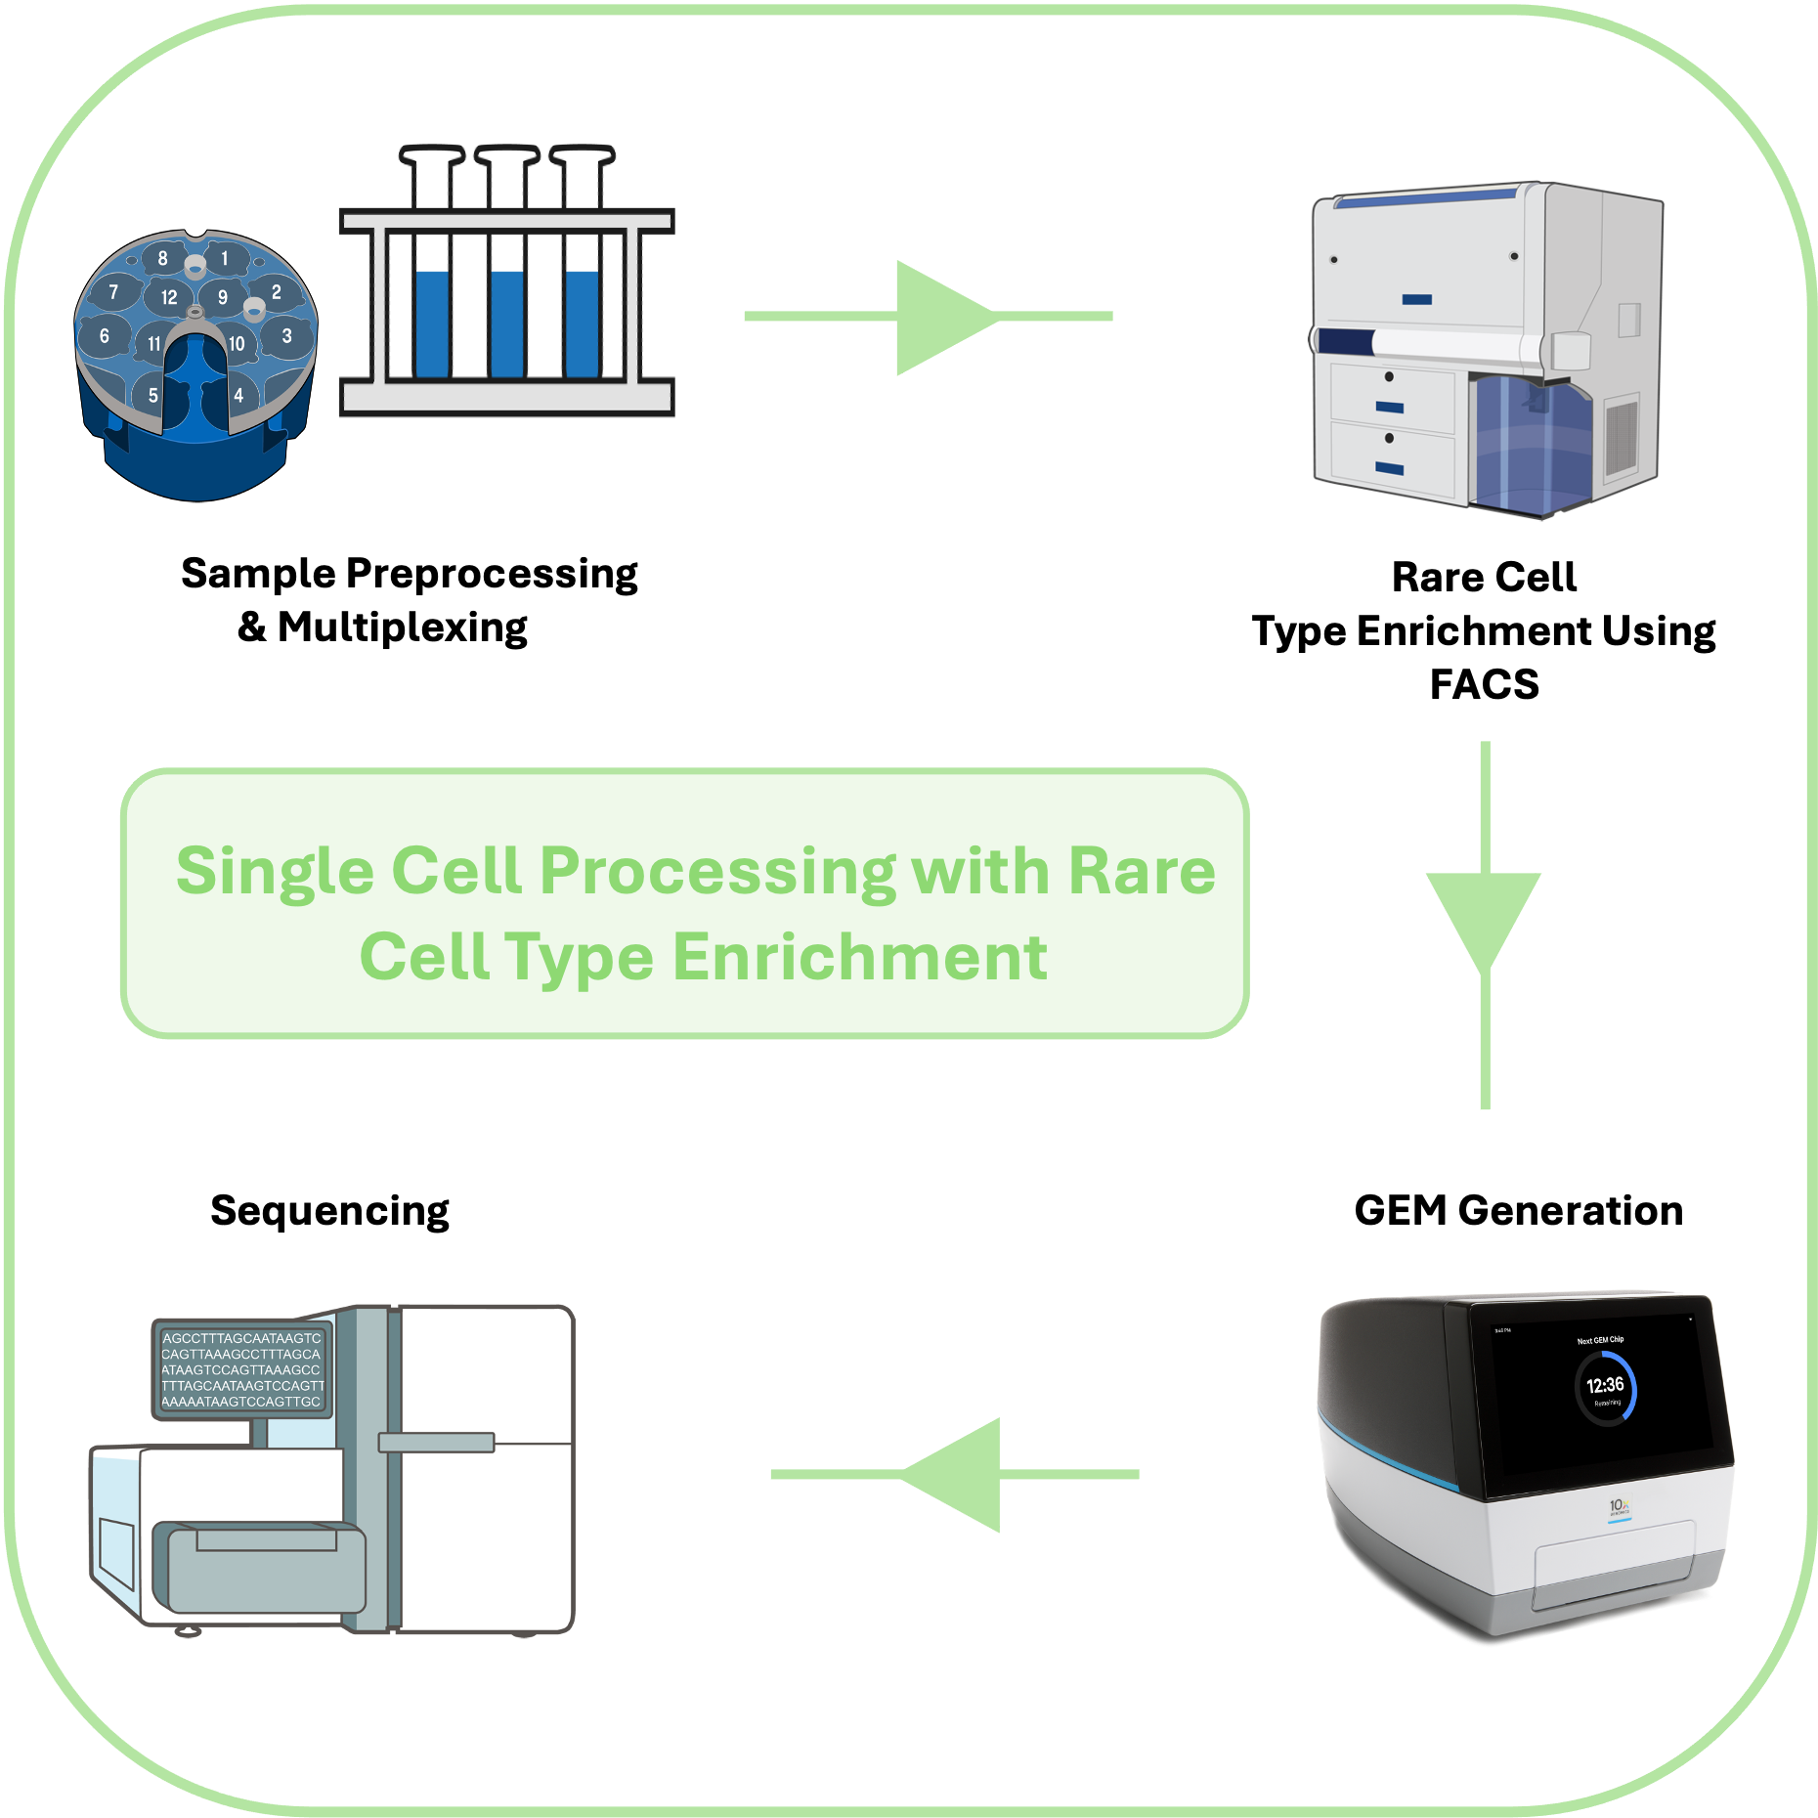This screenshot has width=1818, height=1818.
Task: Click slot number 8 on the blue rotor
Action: point(162,258)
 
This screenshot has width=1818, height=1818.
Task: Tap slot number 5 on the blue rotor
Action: point(152,395)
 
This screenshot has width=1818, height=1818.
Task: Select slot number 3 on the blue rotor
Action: point(286,336)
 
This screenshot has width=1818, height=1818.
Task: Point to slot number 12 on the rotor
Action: point(169,297)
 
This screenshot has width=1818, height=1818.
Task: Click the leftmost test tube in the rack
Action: point(432,293)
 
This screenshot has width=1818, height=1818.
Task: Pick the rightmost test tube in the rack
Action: point(582,293)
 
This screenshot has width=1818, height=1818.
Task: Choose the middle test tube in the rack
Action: point(507,293)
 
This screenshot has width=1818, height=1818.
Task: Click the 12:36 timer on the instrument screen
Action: point(1605,1385)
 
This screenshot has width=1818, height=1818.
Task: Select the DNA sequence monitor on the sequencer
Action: point(242,1369)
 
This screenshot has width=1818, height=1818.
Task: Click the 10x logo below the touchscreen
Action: point(1619,1507)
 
